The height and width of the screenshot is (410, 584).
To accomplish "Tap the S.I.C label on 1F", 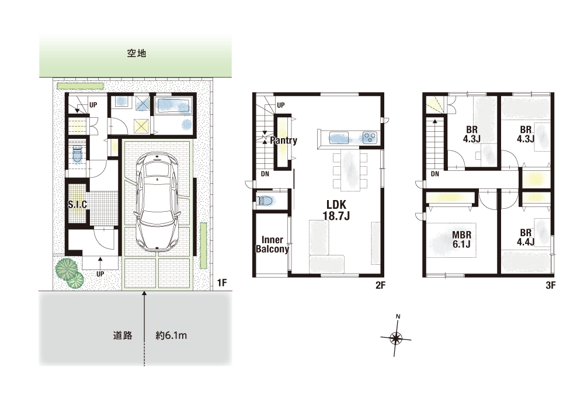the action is [x=78, y=204].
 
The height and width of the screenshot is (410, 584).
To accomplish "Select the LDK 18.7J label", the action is [x=336, y=210].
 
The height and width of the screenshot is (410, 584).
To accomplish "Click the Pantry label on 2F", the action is [x=284, y=140].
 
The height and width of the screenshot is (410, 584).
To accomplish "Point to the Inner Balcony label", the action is [x=272, y=244].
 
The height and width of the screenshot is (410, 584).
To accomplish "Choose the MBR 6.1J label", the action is [x=462, y=240].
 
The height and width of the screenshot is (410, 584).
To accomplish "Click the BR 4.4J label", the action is [x=526, y=237].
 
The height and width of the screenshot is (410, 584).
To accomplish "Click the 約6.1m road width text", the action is [x=171, y=335].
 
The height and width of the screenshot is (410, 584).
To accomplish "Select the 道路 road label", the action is [x=123, y=335].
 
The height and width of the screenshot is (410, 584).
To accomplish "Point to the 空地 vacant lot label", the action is [x=137, y=54].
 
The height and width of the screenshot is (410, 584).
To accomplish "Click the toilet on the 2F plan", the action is [x=265, y=201].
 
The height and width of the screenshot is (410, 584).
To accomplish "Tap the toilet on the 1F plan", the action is [x=77, y=155].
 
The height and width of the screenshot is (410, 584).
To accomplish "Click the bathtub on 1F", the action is [x=173, y=106].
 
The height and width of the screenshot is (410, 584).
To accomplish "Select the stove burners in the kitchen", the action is [x=370, y=137].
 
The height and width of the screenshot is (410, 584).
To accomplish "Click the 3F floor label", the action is [x=551, y=285].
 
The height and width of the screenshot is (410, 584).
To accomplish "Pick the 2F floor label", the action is [x=380, y=285].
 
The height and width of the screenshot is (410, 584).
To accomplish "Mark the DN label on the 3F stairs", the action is [x=435, y=174].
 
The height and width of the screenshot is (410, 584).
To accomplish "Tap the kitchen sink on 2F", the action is [x=339, y=138].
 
